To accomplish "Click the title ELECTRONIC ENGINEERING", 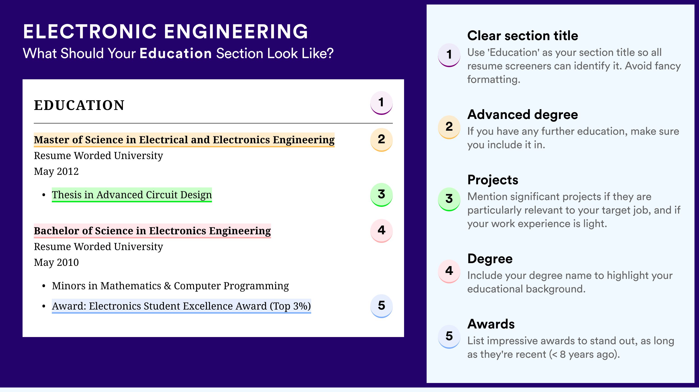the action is point(166,32).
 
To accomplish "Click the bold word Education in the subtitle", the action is point(176,53).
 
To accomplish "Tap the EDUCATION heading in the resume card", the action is point(79,105).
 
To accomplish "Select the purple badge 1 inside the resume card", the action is point(381,103).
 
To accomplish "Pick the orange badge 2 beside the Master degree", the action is point(381,140).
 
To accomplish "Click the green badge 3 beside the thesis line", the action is point(381,195).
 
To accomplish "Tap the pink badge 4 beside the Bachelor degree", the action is point(381,231).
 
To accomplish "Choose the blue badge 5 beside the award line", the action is point(381,306).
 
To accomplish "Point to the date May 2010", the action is point(56,262).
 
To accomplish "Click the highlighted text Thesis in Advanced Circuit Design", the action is point(132,195).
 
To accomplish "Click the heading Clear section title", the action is point(523,36).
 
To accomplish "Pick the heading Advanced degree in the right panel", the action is point(523,115).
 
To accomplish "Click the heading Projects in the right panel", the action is point(493,180).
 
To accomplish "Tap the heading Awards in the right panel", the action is point(491,324).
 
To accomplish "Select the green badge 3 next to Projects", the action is point(449,199).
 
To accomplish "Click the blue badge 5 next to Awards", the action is point(449,336).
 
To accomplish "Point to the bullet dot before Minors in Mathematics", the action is point(44,286).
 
